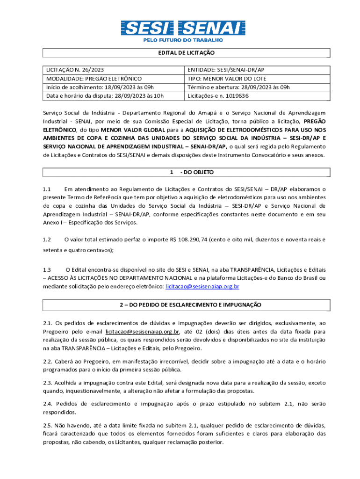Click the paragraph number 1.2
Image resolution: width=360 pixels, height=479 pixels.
47,239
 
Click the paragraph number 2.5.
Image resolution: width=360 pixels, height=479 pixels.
47,426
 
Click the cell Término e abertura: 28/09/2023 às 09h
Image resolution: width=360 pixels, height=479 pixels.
232,87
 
